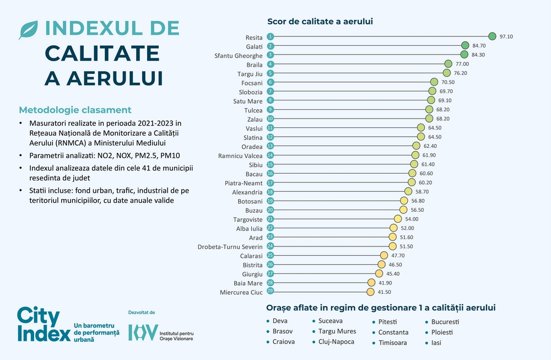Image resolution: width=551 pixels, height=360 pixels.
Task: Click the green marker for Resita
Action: click(493, 36)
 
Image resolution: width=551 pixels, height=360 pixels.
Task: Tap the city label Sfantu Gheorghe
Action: click(238, 55)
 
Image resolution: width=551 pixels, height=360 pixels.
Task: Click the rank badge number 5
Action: click(270, 73)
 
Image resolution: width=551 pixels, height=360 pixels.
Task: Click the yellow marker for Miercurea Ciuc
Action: click(370, 292)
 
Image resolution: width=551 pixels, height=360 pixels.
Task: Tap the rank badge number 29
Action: click(270, 292)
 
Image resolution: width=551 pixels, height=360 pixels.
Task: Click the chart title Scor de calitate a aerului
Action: click(320, 22)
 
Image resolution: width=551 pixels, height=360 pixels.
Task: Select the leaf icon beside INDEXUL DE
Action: click(28, 30)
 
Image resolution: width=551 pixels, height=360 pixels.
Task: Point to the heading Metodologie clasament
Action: click(75, 110)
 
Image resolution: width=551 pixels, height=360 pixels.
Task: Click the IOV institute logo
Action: click(143, 332)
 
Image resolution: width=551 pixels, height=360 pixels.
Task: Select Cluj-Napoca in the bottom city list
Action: click(336, 342)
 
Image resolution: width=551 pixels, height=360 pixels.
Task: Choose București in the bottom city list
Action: click(445, 321)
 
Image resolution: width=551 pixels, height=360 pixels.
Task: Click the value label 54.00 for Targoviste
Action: click(412, 219)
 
